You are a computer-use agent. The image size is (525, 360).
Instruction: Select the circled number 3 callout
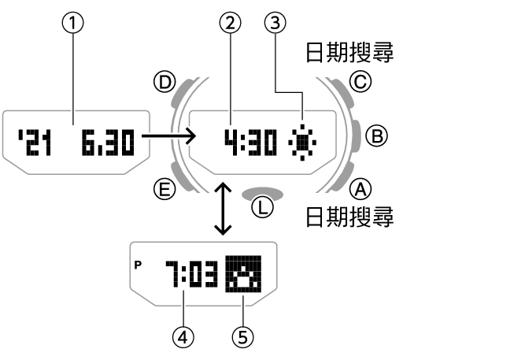[x=274, y=24]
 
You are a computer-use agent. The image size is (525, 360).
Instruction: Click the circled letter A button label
[x=360, y=189]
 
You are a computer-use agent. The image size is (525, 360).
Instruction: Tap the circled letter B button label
[x=378, y=136]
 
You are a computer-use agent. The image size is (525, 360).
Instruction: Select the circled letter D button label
[x=165, y=83]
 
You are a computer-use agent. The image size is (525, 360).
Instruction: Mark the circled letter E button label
[x=165, y=189]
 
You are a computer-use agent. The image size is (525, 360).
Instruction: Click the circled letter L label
[x=262, y=208]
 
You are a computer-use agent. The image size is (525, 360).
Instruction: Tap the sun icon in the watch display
[x=302, y=142]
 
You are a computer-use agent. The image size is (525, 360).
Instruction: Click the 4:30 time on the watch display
[x=250, y=142]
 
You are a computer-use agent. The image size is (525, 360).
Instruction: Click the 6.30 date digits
[x=107, y=142]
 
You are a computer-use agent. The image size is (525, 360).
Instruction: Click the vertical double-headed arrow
[x=224, y=208]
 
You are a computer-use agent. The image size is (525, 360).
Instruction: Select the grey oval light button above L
[x=262, y=191]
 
